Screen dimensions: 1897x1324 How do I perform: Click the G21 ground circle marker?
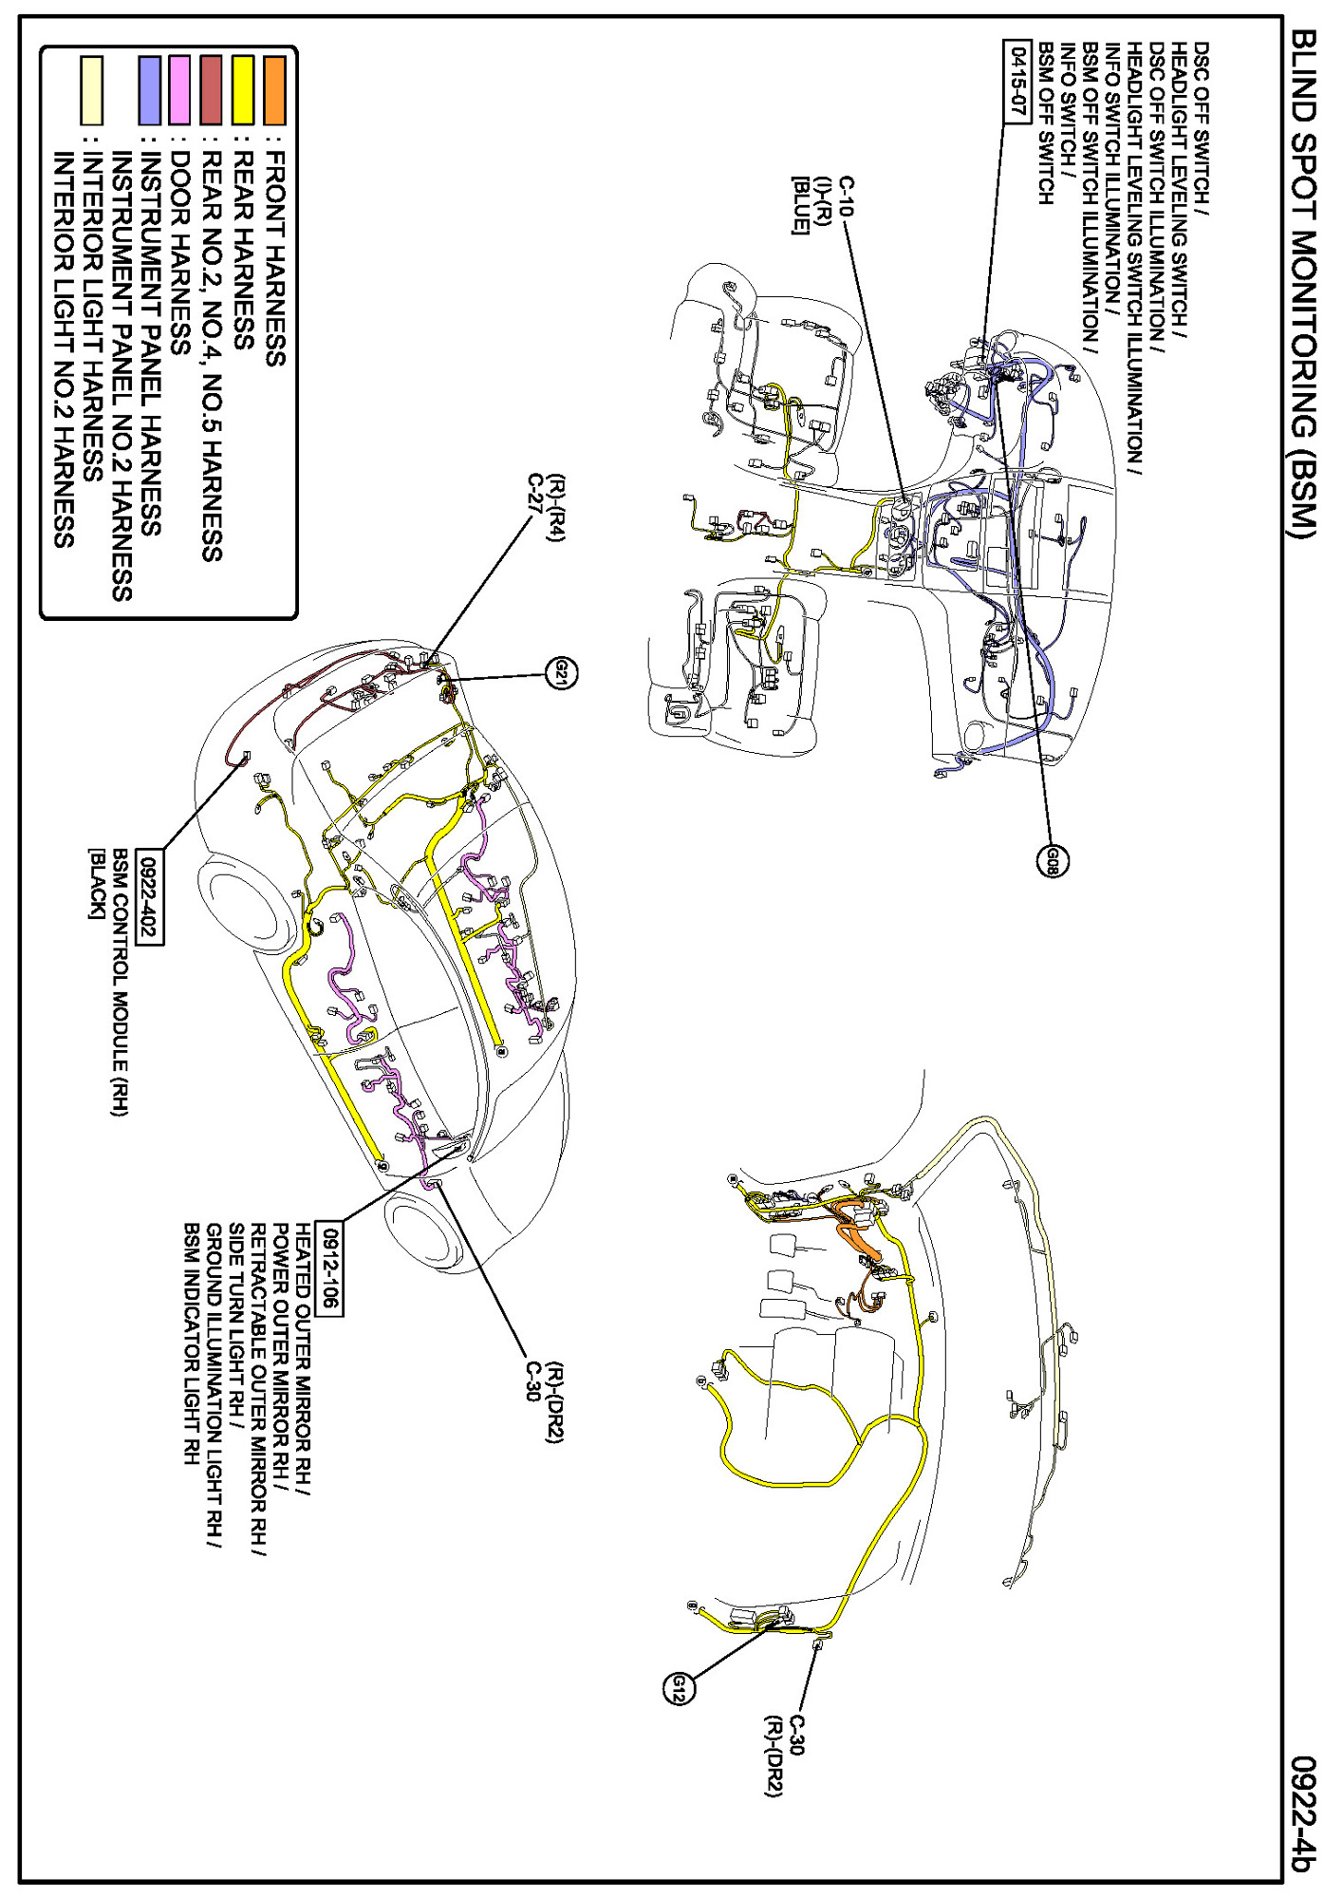pyautogui.click(x=562, y=674)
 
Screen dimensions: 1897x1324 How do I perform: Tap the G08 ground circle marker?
pyautogui.click(x=1052, y=860)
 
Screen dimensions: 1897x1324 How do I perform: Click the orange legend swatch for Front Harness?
pyautogui.click(x=274, y=90)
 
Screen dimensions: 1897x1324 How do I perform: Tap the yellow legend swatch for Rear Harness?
pyautogui.click(x=243, y=90)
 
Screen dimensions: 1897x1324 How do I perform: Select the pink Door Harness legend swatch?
pyautogui.click(x=179, y=90)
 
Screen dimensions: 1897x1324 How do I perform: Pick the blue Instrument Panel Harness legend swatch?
pyautogui.click(x=149, y=90)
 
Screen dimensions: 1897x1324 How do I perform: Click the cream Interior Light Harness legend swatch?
pyautogui.click(x=91, y=90)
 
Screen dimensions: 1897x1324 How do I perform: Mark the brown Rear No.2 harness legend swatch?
pyautogui.click(x=211, y=90)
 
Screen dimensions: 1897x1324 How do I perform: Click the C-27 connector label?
pyautogui.click(x=536, y=494)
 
